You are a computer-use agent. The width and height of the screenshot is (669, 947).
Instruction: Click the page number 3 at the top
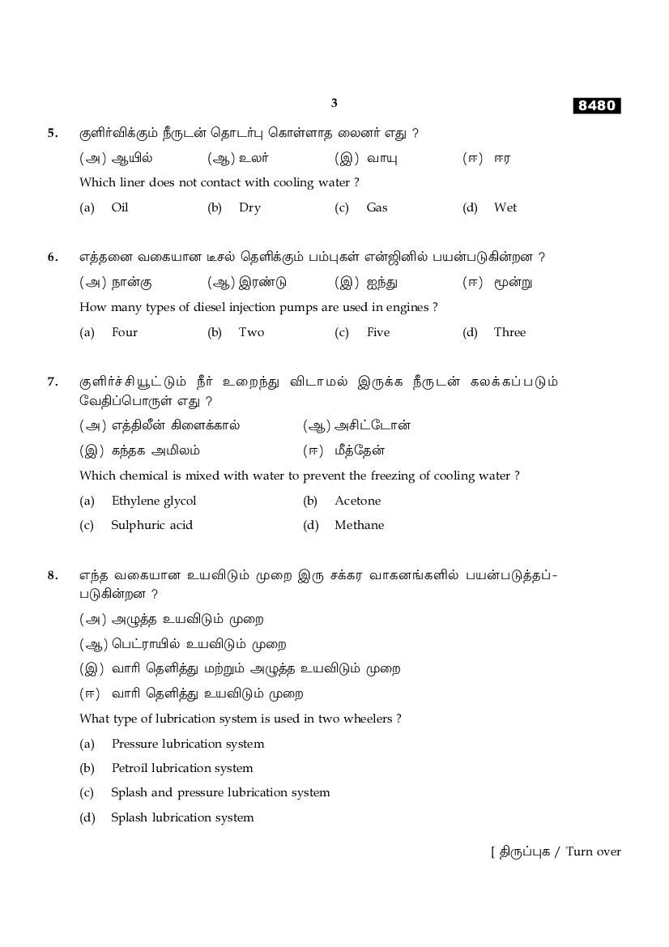point(334,103)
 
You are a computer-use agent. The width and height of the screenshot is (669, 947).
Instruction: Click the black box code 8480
point(597,106)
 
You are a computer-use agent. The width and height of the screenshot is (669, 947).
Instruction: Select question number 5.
point(53,133)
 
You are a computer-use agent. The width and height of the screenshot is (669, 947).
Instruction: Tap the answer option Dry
point(249,207)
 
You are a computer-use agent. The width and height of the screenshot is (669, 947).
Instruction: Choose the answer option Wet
point(505,207)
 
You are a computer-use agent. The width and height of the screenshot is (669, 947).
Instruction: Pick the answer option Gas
point(377,207)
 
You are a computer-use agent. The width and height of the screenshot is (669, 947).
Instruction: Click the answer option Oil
point(120,207)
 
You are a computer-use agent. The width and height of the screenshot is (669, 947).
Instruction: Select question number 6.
point(53,258)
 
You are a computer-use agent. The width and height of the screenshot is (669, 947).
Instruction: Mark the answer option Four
point(125,332)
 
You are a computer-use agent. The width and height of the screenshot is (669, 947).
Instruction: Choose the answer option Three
point(509,332)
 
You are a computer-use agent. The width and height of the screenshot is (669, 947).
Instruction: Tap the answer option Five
point(377,332)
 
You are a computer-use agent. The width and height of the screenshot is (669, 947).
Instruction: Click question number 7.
point(53,382)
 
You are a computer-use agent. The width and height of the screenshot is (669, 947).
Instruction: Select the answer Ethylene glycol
point(153,501)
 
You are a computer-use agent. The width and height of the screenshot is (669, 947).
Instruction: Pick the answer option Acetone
point(357,501)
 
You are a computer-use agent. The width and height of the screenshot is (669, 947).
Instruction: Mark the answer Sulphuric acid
point(151,525)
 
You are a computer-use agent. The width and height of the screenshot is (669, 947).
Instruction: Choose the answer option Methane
point(359,525)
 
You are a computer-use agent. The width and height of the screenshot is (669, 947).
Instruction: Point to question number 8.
point(53,575)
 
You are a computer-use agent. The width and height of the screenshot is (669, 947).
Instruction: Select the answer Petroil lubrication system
point(181,768)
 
